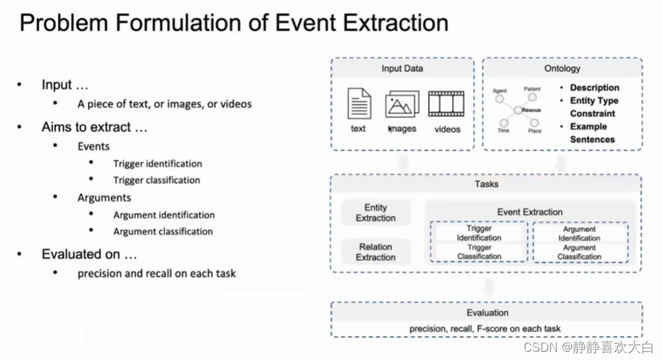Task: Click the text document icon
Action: click(359, 103)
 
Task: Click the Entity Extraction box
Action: click(375, 212)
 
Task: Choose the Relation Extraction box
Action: click(375, 252)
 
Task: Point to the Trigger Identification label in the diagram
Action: click(478, 234)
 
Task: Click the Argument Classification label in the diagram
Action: click(580, 252)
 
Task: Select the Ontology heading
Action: click(562, 68)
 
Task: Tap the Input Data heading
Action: click(402, 68)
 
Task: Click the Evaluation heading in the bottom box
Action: click(487, 312)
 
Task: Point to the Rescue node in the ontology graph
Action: click(531, 109)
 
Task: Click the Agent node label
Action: click(500, 91)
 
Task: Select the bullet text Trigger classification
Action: click(157, 180)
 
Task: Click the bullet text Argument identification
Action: click(164, 214)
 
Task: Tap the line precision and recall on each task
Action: click(157, 273)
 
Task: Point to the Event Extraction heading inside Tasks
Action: click(530, 212)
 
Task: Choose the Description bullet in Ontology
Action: click(595, 87)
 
